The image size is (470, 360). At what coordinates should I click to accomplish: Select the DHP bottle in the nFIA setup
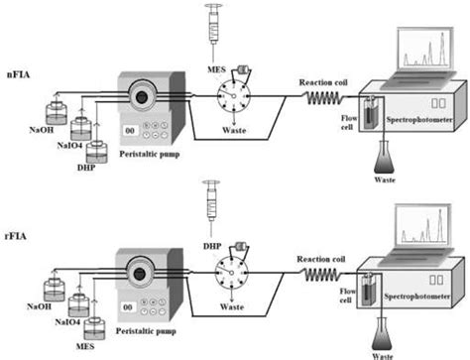coord(96,150)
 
